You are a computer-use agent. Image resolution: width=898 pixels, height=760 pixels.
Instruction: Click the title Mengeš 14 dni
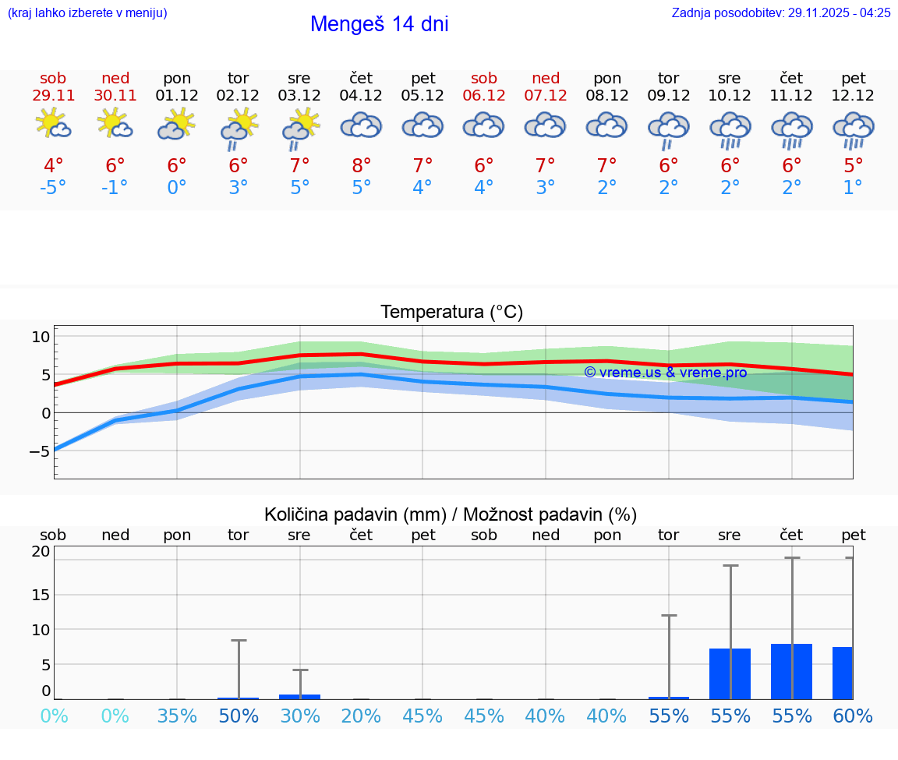(379, 24)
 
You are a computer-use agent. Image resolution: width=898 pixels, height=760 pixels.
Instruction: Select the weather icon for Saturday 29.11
(53, 125)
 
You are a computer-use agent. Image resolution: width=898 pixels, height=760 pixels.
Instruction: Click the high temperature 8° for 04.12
(361, 166)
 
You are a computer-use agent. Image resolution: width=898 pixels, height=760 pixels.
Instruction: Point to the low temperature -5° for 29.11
(53, 188)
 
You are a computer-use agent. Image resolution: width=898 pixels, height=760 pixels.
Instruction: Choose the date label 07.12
(545, 96)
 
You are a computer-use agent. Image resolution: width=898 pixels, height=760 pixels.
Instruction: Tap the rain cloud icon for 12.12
(853, 129)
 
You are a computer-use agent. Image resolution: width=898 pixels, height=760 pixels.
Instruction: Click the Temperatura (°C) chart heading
(451, 313)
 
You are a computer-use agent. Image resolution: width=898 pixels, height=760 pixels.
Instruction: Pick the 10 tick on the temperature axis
(41, 337)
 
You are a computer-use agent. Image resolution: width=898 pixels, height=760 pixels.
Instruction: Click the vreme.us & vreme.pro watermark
(665, 373)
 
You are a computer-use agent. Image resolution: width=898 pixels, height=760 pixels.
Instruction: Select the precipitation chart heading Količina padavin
(450, 514)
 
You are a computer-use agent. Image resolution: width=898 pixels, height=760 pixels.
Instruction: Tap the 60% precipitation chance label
(853, 716)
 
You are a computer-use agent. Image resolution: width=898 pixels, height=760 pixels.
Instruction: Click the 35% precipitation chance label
(177, 716)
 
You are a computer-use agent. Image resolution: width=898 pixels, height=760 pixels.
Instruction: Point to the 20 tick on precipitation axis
(41, 552)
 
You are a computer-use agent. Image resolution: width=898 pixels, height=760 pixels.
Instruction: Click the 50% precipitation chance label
(239, 716)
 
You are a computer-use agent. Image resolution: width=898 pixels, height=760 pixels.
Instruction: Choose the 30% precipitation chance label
(299, 716)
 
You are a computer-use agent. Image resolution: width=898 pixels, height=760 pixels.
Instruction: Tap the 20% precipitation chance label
(361, 716)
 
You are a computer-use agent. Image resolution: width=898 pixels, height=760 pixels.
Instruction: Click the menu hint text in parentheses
(87, 13)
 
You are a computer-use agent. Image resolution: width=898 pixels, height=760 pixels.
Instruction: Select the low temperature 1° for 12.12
(853, 188)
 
